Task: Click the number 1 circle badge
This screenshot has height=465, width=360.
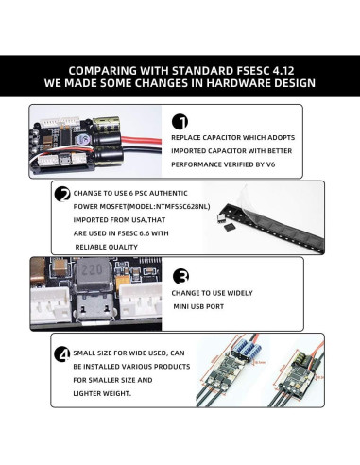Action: tap(180, 121)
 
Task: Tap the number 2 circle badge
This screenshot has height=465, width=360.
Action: tap(63, 195)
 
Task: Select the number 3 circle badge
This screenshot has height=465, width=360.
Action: tap(180, 276)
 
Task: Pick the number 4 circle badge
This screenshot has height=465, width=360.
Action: tap(63, 353)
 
